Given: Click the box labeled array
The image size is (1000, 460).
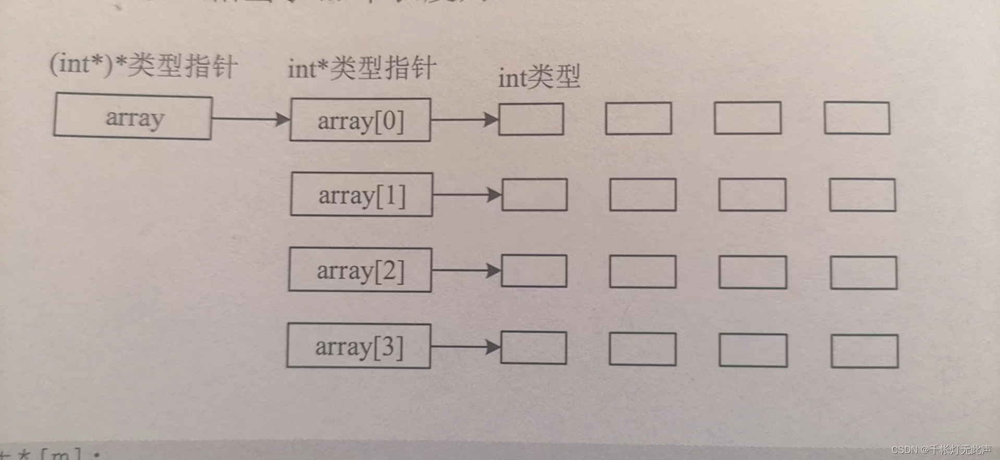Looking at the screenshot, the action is point(133,117).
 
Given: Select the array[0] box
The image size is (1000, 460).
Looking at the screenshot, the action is point(360,120).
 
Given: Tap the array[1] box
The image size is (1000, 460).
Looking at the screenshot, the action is point(361,195).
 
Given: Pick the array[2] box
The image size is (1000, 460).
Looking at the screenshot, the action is point(360,270).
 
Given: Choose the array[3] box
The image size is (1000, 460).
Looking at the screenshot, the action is point(359,346).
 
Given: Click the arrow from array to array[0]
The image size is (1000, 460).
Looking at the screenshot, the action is point(251,119).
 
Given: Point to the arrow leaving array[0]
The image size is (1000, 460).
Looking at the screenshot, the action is point(465,119).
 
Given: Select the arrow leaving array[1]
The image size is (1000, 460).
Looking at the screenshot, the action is point(467,195).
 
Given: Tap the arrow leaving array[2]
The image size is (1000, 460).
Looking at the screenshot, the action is point(466,270).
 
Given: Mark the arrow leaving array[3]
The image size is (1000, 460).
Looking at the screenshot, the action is point(466,346).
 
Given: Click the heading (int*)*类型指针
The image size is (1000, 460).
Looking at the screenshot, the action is point(143,66).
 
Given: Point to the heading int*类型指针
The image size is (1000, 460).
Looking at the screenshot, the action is point(362,68).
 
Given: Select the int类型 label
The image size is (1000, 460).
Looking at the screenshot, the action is point(539,78).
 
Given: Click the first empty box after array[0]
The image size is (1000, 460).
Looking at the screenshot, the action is point(531,119).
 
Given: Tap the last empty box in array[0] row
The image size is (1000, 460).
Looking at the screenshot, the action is point(857,118).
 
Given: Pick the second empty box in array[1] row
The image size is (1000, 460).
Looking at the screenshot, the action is point(642,195).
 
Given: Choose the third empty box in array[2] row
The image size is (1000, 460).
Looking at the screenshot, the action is point(752,272).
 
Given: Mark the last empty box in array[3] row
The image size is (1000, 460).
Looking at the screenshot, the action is point(864,351).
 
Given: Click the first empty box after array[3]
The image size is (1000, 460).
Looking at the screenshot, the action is point(533,348).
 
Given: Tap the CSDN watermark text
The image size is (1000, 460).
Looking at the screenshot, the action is point(941,450).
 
